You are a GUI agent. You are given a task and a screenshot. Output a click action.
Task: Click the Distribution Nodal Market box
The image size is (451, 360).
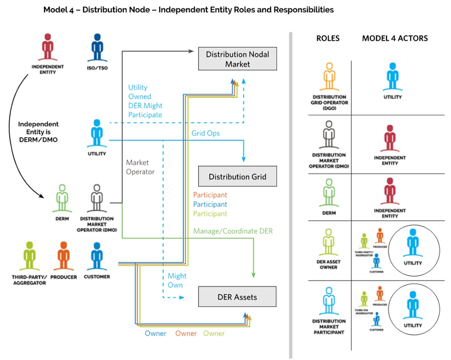[x=238, y=59]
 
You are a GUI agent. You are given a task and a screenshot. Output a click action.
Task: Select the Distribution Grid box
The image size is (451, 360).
[x=238, y=176]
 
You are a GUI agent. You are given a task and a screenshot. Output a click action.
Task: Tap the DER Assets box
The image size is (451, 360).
[x=237, y=297]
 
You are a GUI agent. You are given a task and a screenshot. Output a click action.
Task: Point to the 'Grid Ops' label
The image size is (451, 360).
[x=206, y=133]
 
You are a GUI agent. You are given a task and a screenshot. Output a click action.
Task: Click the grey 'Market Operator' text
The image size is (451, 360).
[x=140, y=167]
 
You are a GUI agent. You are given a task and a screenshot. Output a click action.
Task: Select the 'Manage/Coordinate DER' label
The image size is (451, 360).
[x=233, y=231]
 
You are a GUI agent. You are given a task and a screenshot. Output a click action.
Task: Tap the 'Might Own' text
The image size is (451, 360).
[x=177, y=280]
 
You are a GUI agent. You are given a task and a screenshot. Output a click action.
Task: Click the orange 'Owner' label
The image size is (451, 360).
[x=186, y=333]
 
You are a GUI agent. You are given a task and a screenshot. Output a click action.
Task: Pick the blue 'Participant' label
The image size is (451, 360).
[x=210, y=204]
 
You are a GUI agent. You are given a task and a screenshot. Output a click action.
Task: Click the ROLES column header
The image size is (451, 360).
[x=328, y=38]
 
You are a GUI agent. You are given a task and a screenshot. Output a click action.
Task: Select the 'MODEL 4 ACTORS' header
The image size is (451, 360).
[x=395, y=38]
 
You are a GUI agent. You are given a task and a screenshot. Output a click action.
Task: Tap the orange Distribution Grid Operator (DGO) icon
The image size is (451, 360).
[x=329, y=77]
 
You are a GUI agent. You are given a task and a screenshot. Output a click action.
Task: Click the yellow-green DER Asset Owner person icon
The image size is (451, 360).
[x=329, y=244]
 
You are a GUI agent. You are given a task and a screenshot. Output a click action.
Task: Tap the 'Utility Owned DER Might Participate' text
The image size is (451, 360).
[x=145, y=101]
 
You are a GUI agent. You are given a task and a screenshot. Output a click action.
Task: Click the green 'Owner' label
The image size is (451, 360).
[x=214, y=333]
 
